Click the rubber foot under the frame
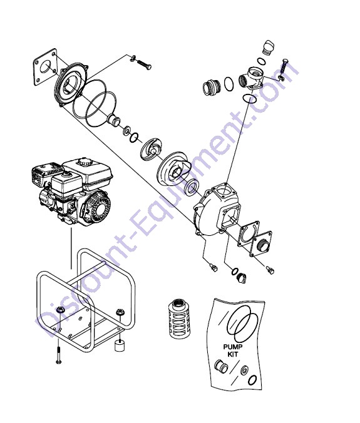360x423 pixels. pyautogui.click(x=118, y=346)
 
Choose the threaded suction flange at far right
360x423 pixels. pyautogui.click(x=264, y=245)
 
